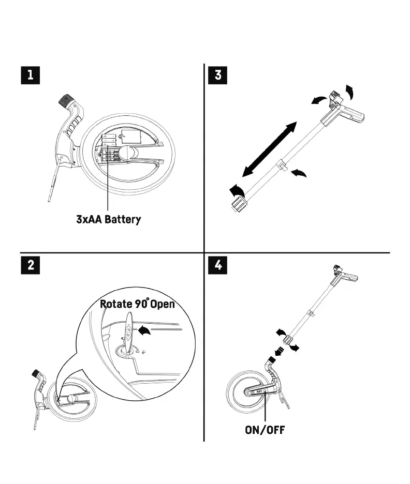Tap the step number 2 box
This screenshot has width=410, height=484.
click(x=32, y=266)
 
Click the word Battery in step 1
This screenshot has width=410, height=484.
click(x=123, y=220)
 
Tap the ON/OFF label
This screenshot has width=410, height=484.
click(x=265, y=429)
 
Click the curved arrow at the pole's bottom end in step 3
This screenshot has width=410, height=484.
click(x=236, y=190)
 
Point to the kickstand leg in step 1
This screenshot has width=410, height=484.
click(x=53, y=181)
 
